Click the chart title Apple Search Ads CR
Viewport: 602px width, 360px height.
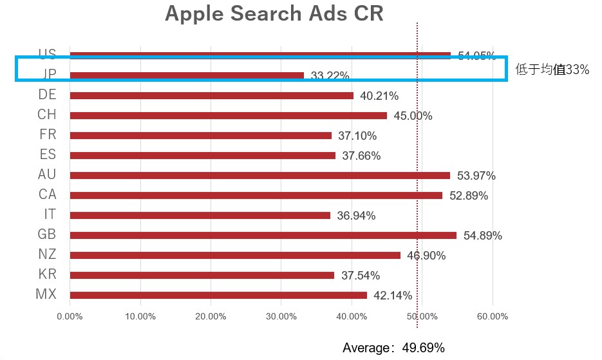[274, 14]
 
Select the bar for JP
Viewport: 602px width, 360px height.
[187, 75]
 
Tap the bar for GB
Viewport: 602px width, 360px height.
[263, 235]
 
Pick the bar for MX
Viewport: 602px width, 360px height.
[218, 295]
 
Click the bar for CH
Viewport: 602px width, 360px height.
[228, 115]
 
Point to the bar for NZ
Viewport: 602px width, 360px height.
[235, 255]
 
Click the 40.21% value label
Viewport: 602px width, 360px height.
[379, 96]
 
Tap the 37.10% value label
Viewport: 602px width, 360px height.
[357, 136]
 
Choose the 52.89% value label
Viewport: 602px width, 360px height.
[468, 196]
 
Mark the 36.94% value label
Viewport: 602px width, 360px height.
[356, 216]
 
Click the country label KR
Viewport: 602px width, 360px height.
[47, 274]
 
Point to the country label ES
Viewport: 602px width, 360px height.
[48, 155]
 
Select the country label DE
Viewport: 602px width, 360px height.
[47, 95]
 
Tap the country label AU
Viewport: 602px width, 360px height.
[47, 175]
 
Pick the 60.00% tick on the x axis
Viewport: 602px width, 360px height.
[493, 316]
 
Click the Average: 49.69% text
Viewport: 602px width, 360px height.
[393, 348]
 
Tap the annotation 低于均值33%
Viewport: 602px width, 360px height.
[552, 70]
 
